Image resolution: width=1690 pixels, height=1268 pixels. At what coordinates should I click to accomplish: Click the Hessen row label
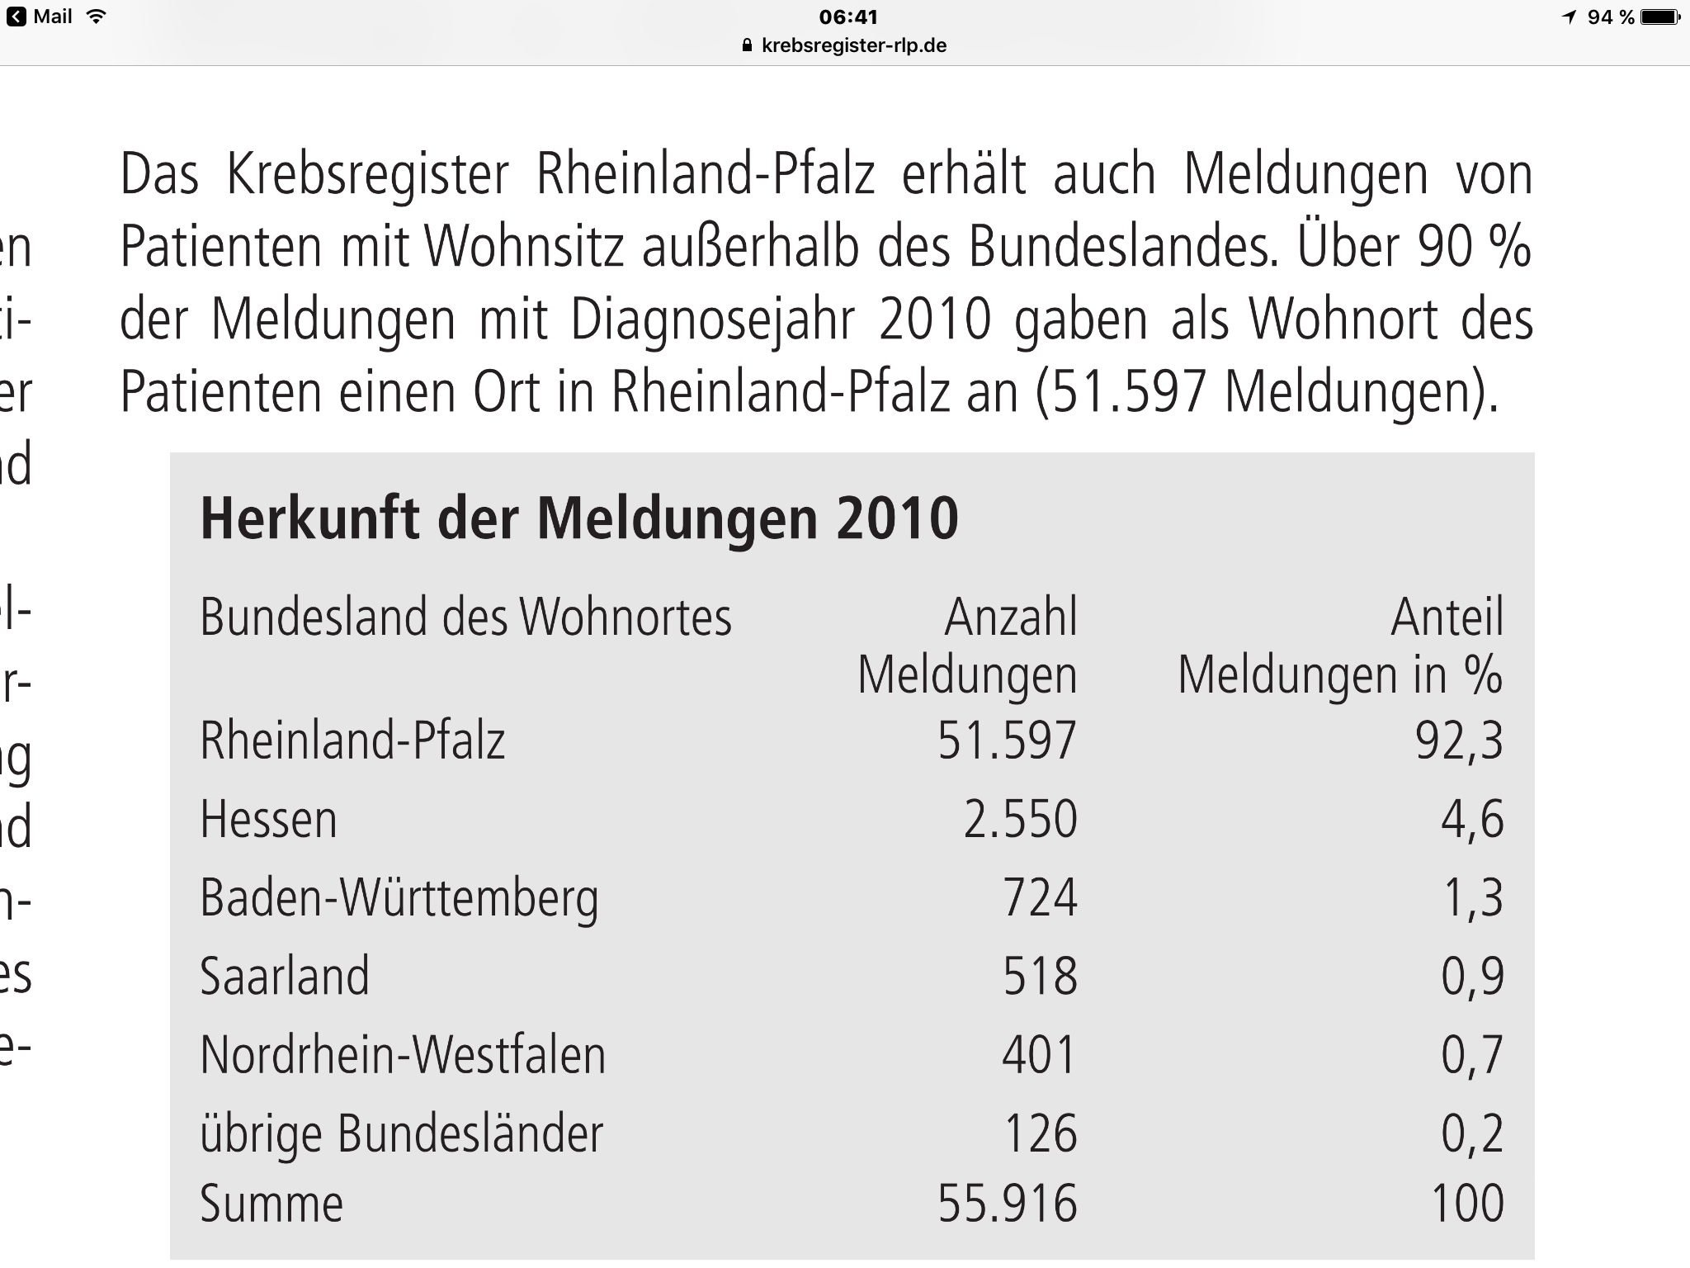click(268, 820)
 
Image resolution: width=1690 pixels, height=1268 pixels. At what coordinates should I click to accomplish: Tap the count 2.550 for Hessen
click(1020, 820)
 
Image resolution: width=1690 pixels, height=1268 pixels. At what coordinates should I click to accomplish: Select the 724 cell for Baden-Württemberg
click(1040, 898)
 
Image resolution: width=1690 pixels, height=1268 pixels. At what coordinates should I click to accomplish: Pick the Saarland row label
click(285, 977)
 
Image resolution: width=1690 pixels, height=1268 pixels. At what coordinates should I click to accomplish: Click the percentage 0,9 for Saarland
click(1472, 977)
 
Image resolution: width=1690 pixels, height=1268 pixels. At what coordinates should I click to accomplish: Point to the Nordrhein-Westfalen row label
click(403, 1055)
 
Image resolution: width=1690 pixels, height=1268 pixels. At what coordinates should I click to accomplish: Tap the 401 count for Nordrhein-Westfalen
click(1040, 1055)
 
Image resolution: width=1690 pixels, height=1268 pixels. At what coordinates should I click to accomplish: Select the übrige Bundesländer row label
click(401, 1133)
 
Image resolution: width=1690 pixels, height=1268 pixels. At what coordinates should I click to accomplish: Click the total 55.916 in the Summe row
click(1008, 1204)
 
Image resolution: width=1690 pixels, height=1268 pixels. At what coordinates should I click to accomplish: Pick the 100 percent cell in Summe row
click(1467, 1204)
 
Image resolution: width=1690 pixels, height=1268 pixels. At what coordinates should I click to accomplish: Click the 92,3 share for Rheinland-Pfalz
click(1459, 740)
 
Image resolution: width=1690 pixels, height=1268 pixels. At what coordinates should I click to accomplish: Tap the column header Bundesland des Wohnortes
click(465, 617)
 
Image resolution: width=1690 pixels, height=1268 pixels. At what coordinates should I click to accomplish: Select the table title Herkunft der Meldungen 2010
click(579, 518)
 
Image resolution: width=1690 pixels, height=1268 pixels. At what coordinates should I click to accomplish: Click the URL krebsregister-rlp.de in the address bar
click(853, 45)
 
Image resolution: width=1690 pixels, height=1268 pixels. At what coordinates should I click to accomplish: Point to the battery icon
click(1659, 17)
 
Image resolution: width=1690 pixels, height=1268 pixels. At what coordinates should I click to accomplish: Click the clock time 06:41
click(848, 17)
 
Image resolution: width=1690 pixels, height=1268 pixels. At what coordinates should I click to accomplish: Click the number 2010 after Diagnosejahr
click(934, 319)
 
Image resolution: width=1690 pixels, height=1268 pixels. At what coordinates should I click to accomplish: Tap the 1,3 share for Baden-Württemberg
click(1473, 898)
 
